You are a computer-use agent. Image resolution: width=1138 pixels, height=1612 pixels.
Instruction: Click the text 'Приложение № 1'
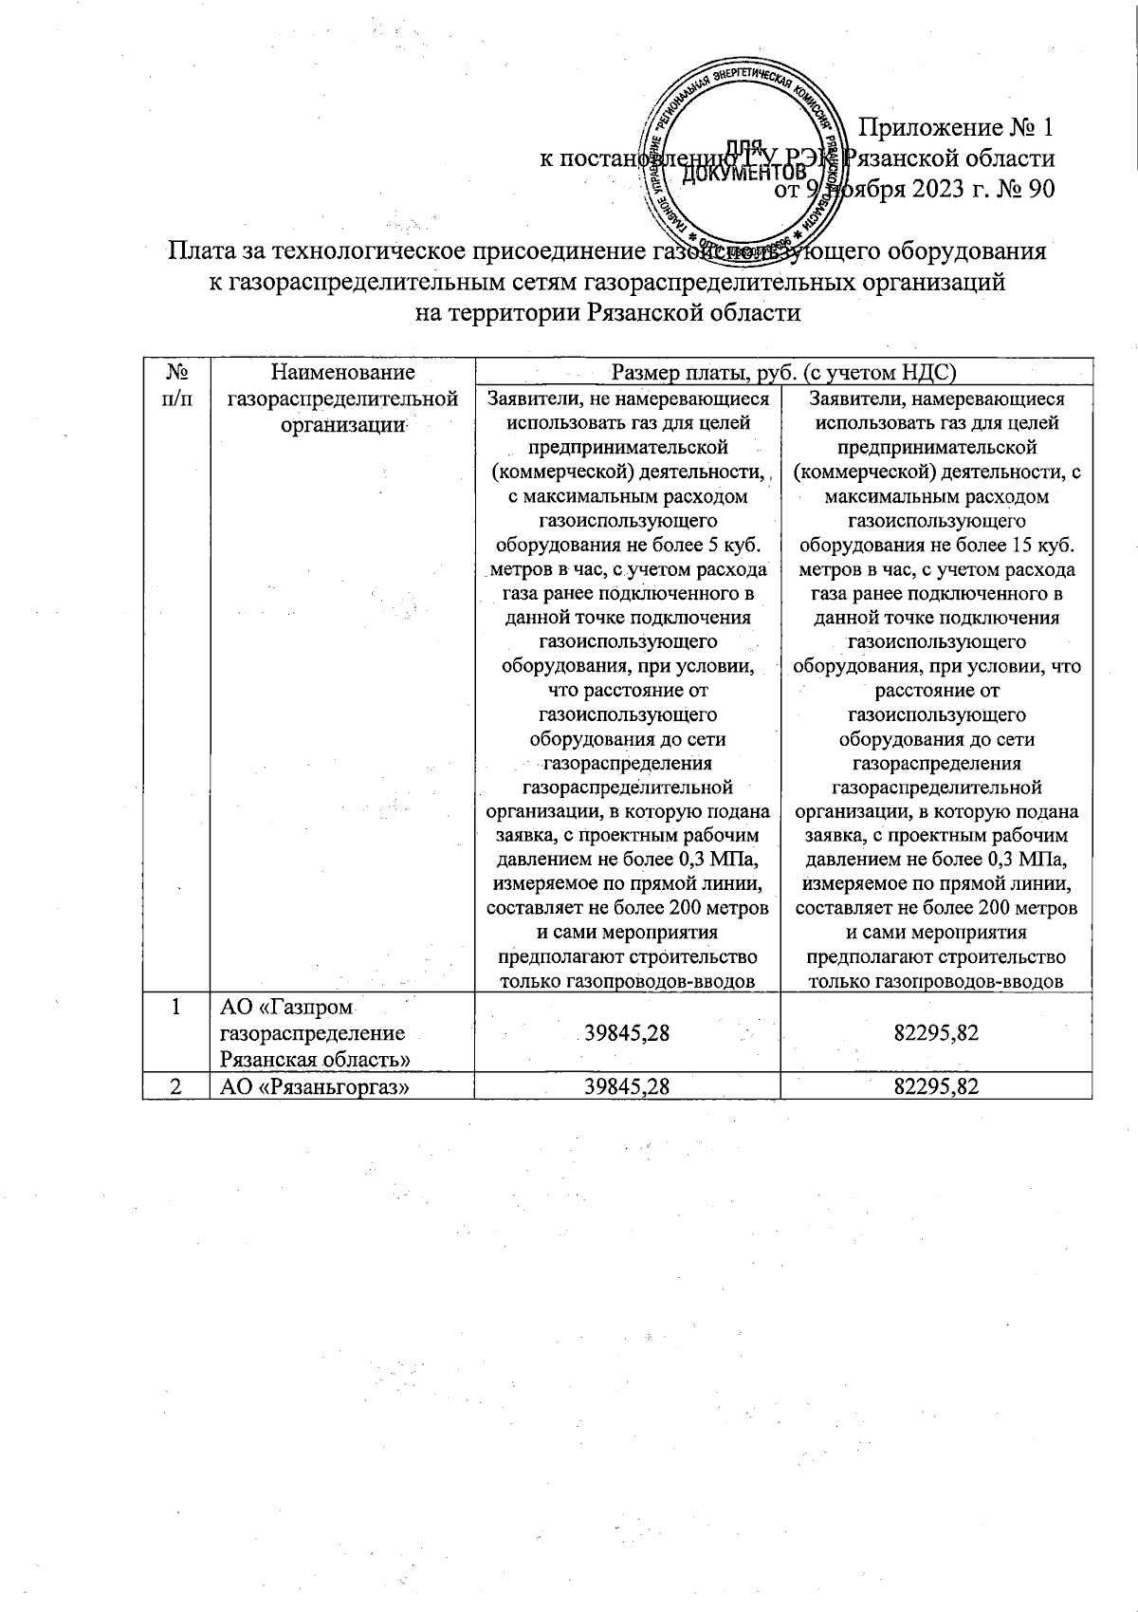[955, 127]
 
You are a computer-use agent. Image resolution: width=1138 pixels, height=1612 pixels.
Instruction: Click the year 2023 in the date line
[941, 190]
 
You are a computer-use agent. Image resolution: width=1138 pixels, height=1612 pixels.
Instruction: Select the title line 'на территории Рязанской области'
[608, 312]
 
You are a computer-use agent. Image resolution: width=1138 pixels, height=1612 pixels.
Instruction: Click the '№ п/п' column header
[175, 385]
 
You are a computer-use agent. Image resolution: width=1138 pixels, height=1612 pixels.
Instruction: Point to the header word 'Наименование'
[342, 372]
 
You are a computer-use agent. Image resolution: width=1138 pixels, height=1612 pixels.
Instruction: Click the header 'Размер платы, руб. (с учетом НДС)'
[783, 372]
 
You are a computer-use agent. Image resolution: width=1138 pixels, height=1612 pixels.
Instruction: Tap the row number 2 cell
[176, 1086]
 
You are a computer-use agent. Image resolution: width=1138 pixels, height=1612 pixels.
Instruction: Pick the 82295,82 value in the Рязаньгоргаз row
[935, 1086]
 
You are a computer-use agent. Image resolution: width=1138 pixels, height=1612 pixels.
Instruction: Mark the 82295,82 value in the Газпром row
[935, 1032]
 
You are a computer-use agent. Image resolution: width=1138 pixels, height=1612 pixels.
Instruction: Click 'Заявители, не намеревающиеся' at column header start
[627, 399]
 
